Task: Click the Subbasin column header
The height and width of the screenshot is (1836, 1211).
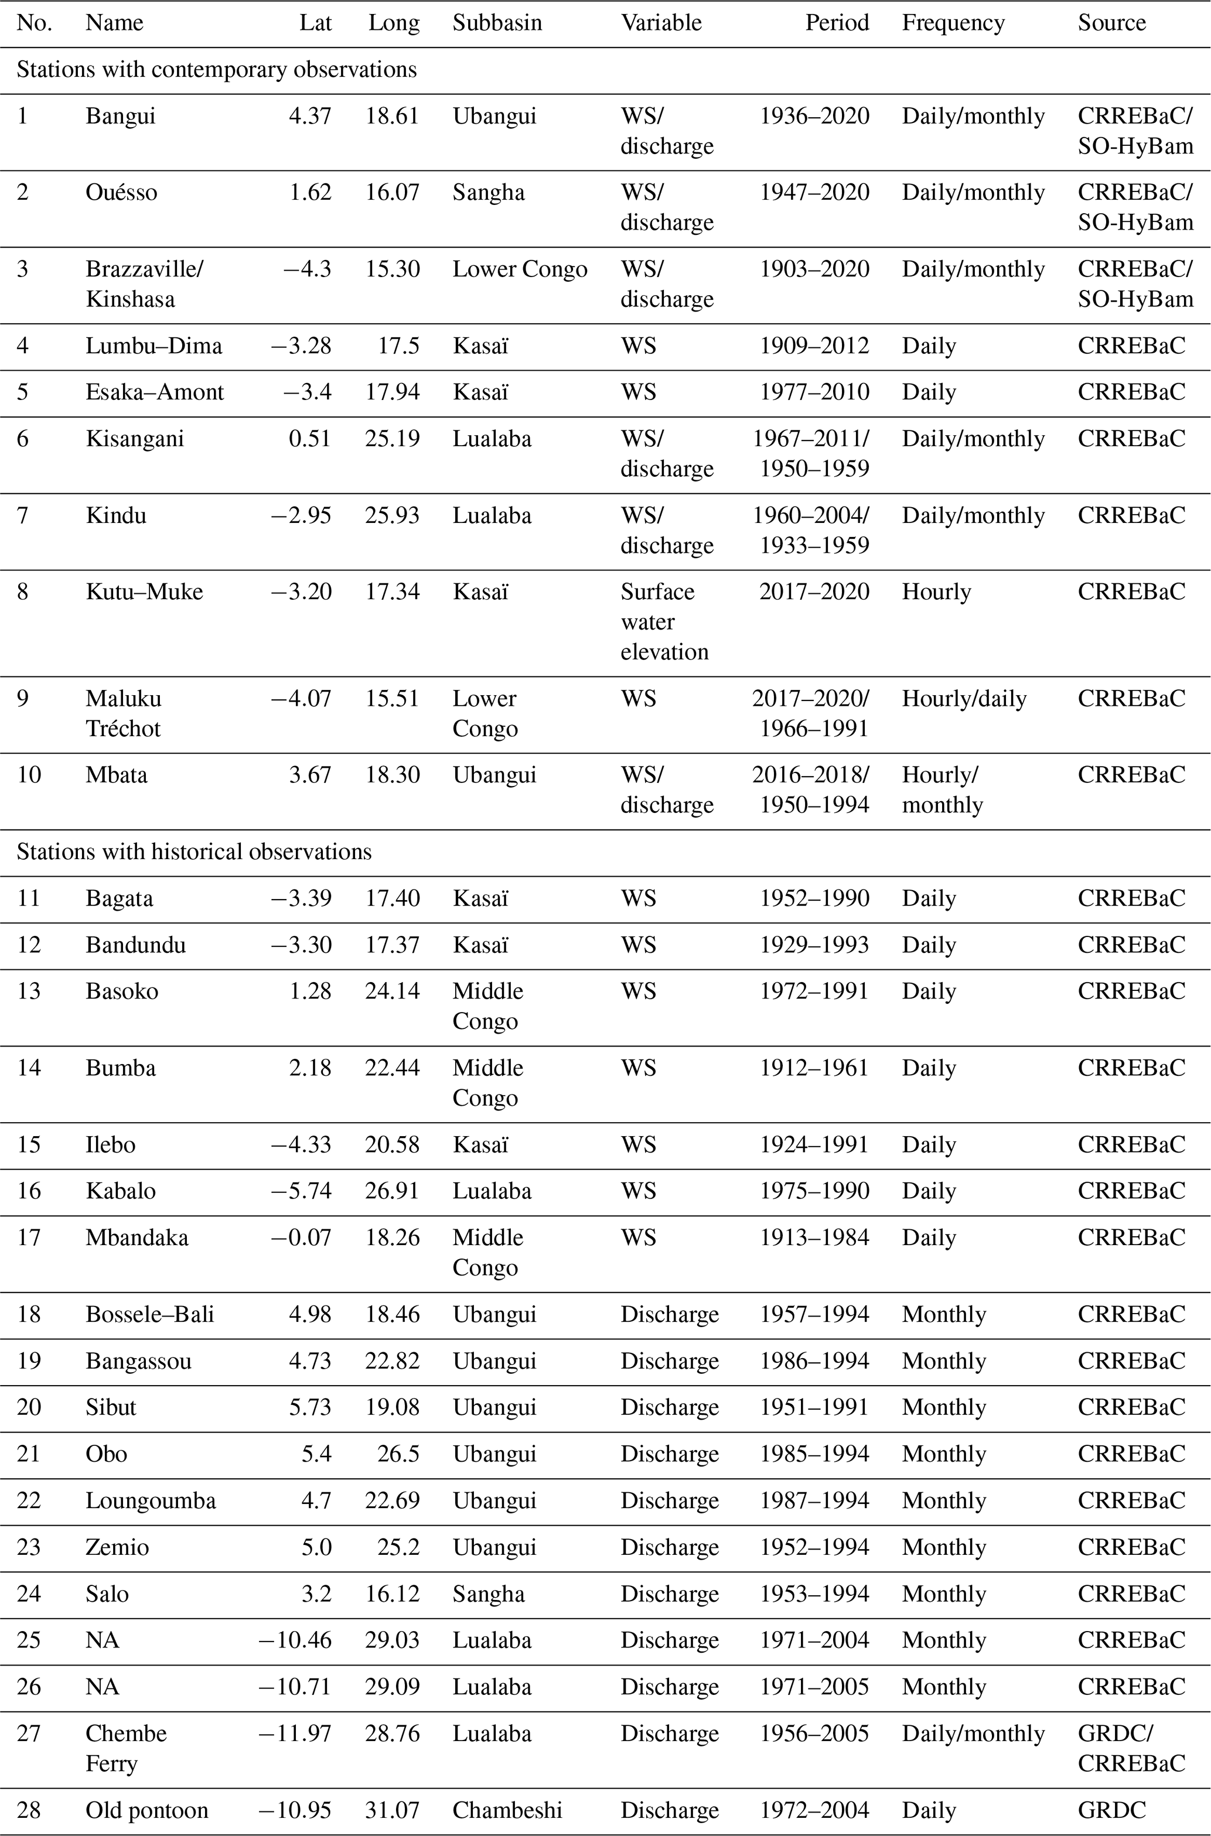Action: click(x=497, y=23)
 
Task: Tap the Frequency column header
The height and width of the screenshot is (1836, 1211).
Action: click(x=953, y=23)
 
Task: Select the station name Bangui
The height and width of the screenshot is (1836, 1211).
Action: click(x=121, y=116)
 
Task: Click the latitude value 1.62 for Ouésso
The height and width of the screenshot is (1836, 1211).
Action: click(x=311, y=192)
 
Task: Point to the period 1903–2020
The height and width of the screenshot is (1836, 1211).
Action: click(x=814, y=269)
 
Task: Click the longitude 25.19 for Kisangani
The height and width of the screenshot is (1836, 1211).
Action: click(x=393, y=439)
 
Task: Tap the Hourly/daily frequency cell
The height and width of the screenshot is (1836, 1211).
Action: click(x=964, y=698)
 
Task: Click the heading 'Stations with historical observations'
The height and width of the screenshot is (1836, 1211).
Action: click(x=194, y=852)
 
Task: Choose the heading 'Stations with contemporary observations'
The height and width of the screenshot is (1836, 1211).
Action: click(x=216, y=70)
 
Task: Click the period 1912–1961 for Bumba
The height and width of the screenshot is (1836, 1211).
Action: click(x=814, y=1068)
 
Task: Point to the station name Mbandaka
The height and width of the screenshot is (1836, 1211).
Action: click(x=137, y=1237)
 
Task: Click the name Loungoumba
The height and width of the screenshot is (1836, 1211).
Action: click(x=151, y=1500)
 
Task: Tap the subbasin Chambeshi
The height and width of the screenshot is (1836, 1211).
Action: click(x=507, y=1810)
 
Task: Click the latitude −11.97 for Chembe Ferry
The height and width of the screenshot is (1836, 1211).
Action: click(x=295, y=1734)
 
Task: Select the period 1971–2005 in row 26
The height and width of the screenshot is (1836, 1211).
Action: click(x=814, y=1687)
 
